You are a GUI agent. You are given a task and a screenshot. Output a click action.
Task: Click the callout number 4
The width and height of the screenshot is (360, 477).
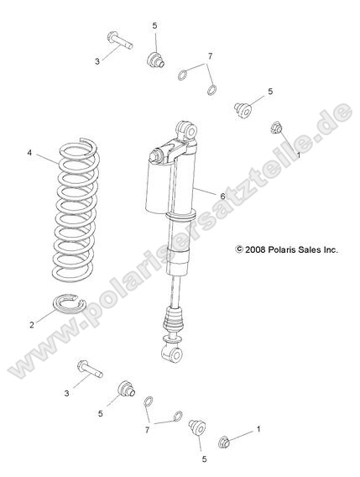click(x=30, y=153)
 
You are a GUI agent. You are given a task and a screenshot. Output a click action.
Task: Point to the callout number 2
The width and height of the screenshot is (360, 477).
click(x=32, y=324)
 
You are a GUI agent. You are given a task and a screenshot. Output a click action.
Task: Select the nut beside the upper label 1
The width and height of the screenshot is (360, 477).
click(x=274, y=128)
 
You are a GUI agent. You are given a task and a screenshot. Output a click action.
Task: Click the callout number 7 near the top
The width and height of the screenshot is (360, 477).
click(x=209, y=56)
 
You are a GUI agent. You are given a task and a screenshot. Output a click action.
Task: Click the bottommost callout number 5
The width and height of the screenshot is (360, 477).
click(x=204, y=459)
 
